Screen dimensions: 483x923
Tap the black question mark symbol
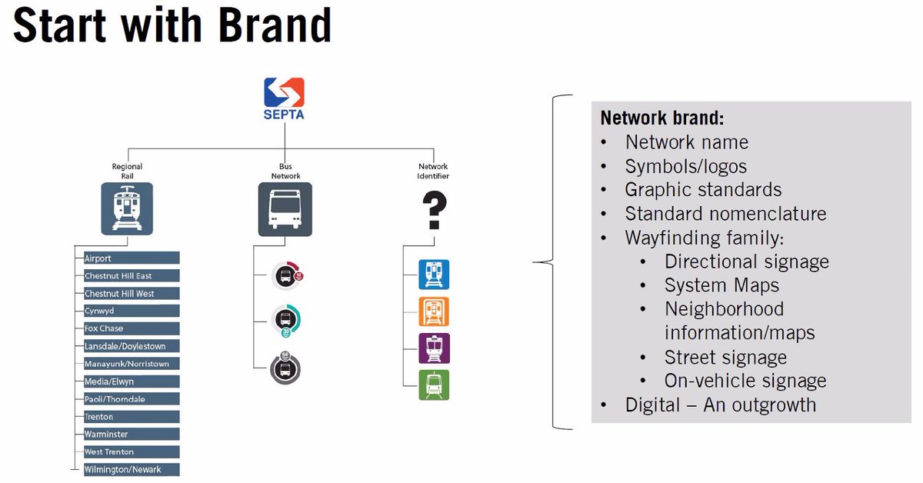(x=435, y=210)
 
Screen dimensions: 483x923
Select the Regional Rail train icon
(x=127, y=208)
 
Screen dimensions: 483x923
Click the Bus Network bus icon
(x=285, y=208)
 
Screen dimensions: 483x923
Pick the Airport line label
(x=132, y=258)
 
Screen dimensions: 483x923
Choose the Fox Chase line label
(x=132, y=328)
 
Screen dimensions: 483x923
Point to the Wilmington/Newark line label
(x=132, y=469)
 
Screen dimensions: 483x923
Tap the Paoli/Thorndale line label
(x=132, y=399)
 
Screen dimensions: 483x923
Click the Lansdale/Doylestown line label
(x=132, y=346)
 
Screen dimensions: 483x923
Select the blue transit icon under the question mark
(x=434, y=275)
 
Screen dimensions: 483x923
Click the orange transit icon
(x=434, y=311)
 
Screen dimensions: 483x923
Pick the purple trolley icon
(x=434, y=348)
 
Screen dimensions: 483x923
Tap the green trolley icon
(x=434, y=385)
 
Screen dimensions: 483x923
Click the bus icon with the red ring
(x=286, y=276)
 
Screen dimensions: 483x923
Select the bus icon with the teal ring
(x=286, y=320)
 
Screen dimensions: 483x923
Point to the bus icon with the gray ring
(x=285, y=369)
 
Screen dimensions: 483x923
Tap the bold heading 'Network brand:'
(x=662, y=118)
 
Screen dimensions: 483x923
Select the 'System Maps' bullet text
(x=721, y=285)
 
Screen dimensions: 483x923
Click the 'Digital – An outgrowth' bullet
(x=720, y=405)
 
